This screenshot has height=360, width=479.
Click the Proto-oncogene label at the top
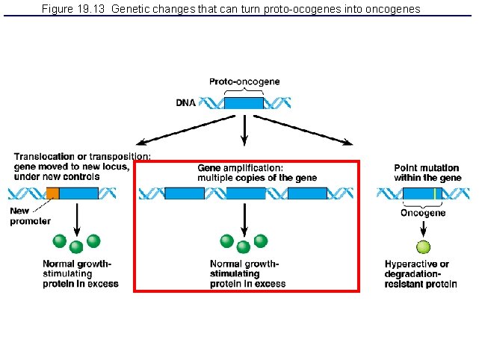pyautogui.click(x=244, y=81)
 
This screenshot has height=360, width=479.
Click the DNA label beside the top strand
pyautogui.click(x=186, y=104)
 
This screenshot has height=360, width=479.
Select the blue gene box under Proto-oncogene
pyautogui.click(x=244, y=103)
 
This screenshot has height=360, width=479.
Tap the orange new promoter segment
pyautogui.click(x=52, y=193)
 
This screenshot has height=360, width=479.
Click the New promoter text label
pyautogui.click(x=30, y=216)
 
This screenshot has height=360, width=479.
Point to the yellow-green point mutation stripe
pyautogui.click(x=434, y=193)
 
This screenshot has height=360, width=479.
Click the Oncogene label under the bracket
pyautogui.click(x=423, y=213)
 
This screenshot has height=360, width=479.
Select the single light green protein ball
pyautogui.click(x=424, y=247)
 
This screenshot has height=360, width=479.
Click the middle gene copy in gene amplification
pyautogui.click(x=246, y=193)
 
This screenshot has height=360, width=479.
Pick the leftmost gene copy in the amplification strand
pyautogui.click(x=184, y=193)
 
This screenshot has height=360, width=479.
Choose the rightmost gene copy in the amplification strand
pyautogui.click(x=307, y=193)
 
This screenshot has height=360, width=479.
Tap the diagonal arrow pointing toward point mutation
pyautogui.click(x=327, y=131)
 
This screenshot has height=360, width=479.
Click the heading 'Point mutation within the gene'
pyautogui.click(x=427, y=173)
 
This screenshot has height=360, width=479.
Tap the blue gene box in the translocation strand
pyautogui.click(x=78, y=193)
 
